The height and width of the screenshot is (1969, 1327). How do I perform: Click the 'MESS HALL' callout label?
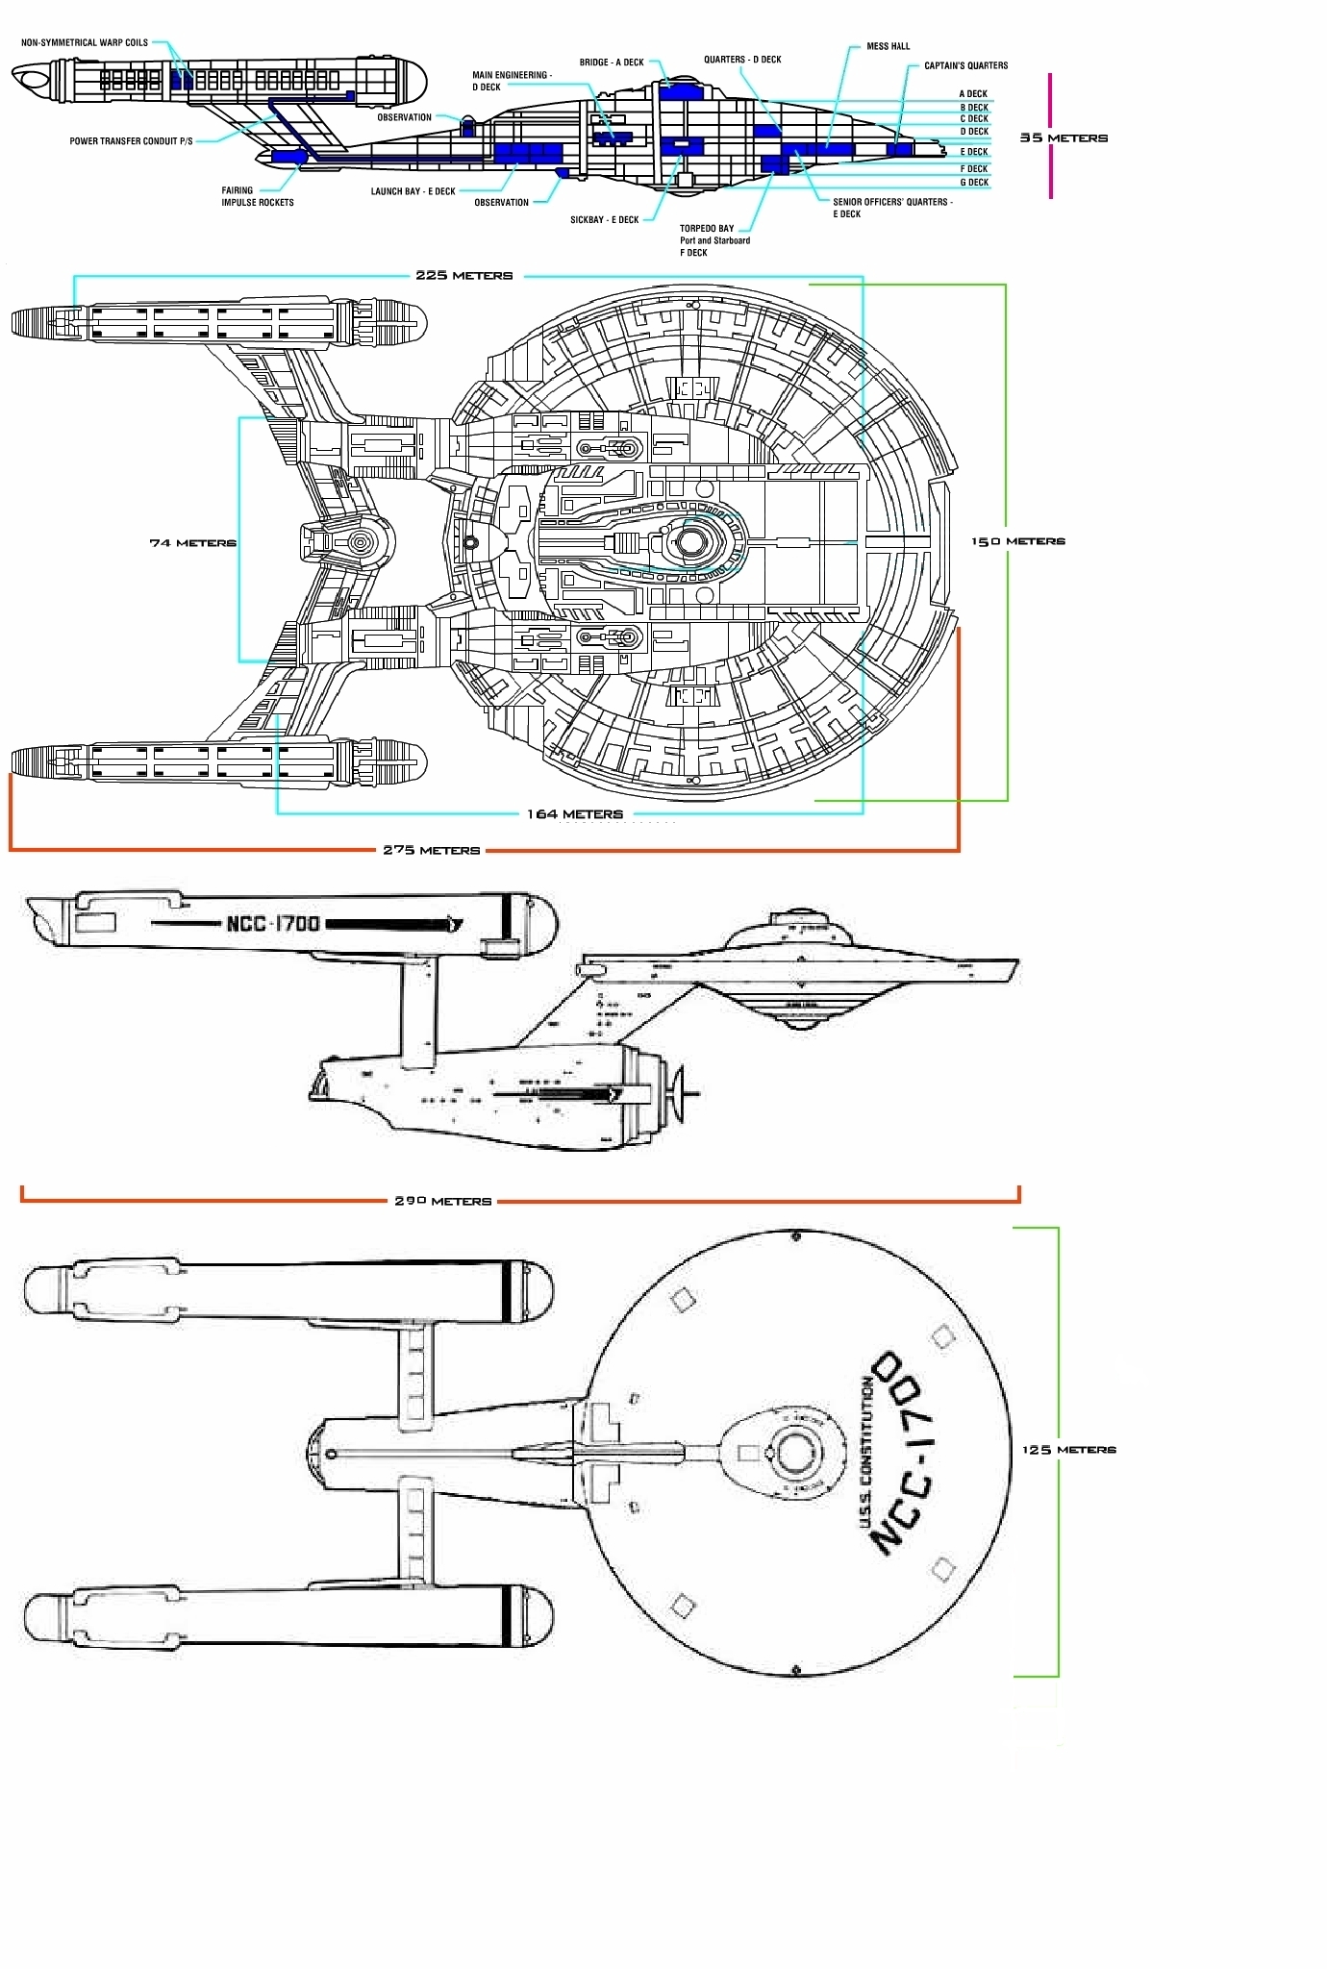pos(888,46)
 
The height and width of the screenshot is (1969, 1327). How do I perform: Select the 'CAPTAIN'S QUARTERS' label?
pos(965,65)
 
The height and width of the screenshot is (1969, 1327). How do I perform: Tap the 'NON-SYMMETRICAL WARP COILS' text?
pos(85,42)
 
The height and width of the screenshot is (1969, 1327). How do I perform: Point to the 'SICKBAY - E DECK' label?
pos(604,220)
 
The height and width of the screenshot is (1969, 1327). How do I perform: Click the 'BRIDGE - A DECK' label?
pos(612,62)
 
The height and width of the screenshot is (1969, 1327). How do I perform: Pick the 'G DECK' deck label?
pos(974,183)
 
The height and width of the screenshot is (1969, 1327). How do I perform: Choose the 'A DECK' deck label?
pos(973,94)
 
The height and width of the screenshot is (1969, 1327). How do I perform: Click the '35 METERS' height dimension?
pos(1064,137)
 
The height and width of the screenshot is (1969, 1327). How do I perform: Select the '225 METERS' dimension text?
pos(464,276)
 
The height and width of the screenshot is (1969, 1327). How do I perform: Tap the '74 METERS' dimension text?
pos(192,543)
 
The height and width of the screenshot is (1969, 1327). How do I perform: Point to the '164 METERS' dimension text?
pos(574,814)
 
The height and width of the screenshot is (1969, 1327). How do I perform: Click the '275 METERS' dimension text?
pos(432,851)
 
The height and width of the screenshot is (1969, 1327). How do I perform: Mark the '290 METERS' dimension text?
pos(443,1202)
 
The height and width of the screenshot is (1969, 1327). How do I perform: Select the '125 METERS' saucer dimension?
pos(1069,1450)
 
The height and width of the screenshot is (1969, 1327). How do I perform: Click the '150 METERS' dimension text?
pos(1018,541)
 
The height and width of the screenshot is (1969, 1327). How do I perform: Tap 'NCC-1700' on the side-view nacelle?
pos(273,924)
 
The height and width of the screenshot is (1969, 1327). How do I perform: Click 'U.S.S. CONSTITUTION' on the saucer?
pos(865,1452)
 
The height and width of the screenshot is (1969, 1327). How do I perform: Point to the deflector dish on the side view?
pos(684,1093)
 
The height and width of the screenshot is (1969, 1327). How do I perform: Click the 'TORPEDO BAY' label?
pos(707,229)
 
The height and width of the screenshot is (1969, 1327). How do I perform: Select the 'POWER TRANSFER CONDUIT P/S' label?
pos(131,141)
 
